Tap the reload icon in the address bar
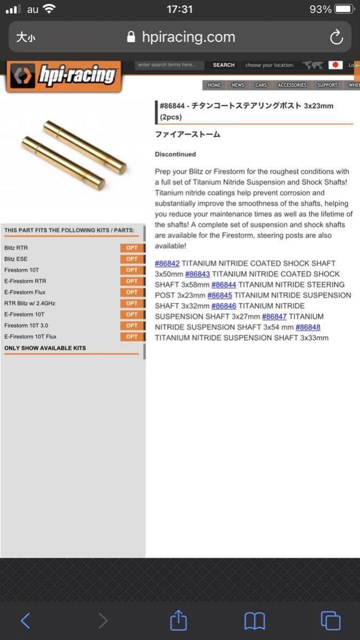point(336,37)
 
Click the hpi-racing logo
point(64,76)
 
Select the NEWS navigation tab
point(238,85)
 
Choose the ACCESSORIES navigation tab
point(292,85)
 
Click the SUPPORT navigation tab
point(327,85)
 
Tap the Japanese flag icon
point(335,65)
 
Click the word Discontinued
point(175,154)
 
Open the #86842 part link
point(167,263)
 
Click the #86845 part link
point(219,295)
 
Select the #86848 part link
point(308,327)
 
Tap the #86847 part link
point(274,316)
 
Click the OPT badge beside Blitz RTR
point(132,248)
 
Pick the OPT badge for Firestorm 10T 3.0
point(132,325)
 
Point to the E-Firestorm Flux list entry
point(25,292)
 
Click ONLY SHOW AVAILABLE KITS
point(45,348)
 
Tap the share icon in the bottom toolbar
point(179,620)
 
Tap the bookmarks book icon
point(254,620)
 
